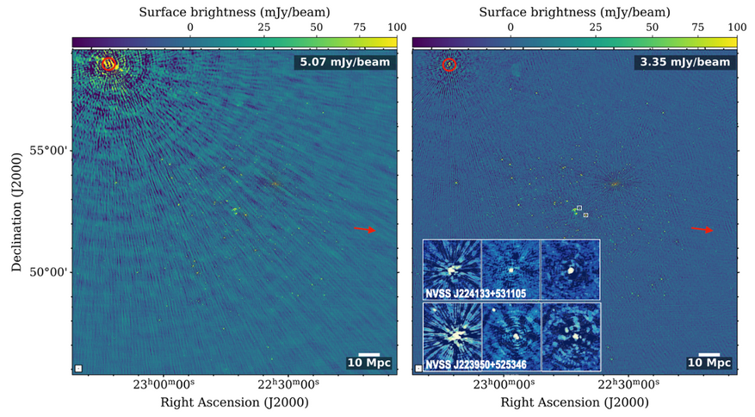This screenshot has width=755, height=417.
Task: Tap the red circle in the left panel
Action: (x=108, y=64)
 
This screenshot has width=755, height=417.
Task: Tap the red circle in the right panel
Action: (x=449, y=65)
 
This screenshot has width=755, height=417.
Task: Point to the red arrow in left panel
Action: (x=364, y=229)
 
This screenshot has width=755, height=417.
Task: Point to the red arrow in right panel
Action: (x=702, y=229)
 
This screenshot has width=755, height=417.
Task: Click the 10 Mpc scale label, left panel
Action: (x=369, y=363)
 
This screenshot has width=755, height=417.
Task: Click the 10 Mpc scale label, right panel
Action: (x=709, y=363)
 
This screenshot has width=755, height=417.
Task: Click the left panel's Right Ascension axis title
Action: (x=233, y=402)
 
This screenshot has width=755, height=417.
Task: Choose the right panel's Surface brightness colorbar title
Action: (x=574, y=10)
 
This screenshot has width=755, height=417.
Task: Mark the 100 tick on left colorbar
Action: (x=396, y=28)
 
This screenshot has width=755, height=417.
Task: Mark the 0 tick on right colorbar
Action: (x=511, y=28)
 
